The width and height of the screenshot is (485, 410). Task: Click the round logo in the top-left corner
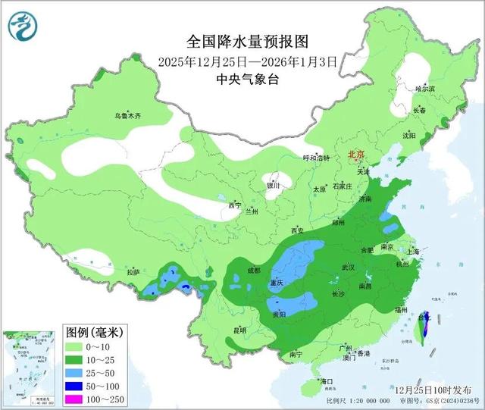tap(23, 26)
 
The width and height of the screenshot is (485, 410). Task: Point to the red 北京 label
tap(356, 154)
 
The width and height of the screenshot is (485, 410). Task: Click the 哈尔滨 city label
tap(425, 89)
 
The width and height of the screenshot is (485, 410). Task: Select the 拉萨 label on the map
tap(133, 271)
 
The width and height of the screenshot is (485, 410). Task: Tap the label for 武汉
tap(349, 268)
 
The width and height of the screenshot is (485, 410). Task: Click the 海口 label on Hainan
tap(327, 380)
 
